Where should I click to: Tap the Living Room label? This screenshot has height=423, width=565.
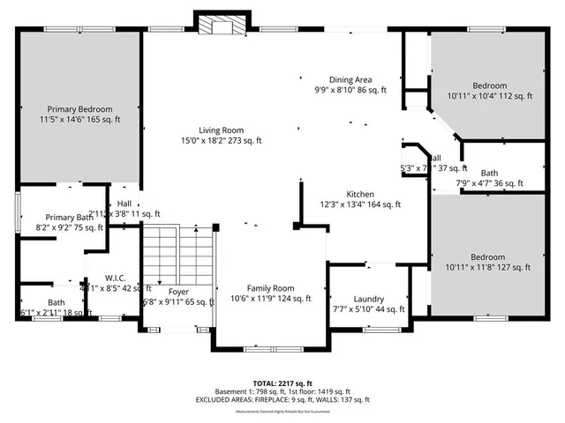coord(221,129)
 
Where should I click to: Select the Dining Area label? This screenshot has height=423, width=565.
coord(351,79)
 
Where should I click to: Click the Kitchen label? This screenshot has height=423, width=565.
coord(360,194)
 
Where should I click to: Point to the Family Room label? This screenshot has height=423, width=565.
coord(270,288)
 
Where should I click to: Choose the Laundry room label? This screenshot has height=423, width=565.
coord(368,299)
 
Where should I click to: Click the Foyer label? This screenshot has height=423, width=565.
coord(177,291)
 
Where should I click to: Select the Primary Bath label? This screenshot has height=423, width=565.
coord(69,217)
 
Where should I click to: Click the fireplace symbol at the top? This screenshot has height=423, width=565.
coord(217,26)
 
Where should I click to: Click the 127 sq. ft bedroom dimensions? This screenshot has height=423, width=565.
coord(488,267)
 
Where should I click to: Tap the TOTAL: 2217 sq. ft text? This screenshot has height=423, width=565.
coord(282,383)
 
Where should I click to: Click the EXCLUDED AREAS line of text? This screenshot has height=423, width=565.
coord(282,399)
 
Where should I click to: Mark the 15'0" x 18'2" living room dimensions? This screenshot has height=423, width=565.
coord(221,140)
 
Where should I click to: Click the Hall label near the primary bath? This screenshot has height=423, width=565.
coord(124,203)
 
